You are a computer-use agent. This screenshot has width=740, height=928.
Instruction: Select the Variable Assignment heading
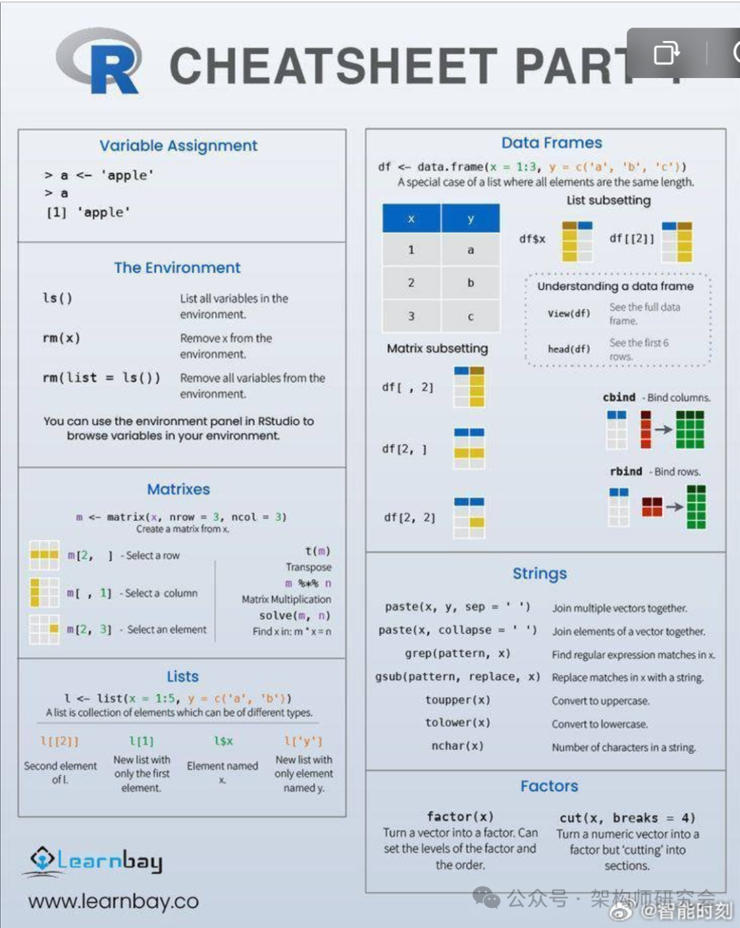click(x=178, y=146)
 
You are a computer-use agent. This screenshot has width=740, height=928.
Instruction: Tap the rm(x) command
click(x=62, y=338)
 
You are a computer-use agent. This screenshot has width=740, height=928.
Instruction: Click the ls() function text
click(x=58, y=299)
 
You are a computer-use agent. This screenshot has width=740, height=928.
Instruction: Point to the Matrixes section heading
click(x=178, y=490)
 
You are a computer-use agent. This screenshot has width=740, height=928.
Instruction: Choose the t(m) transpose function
click(x=317, y=551)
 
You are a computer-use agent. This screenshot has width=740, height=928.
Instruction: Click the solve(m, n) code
click(x=295, y=616)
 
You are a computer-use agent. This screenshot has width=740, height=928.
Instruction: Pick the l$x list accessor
click(x=223, y=741)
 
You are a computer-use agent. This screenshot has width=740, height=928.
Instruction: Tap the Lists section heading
click(x=182, y=677)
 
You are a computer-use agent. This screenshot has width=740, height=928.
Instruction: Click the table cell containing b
click(x=471, y=283)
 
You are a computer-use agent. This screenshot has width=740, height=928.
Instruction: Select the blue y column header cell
click(x=471, y=219)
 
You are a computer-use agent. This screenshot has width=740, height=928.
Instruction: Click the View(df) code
click(x=569, y=314)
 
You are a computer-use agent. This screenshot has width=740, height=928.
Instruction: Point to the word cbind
click(x=619, y=397)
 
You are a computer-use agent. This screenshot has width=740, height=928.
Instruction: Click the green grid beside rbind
click(x=696, y=507)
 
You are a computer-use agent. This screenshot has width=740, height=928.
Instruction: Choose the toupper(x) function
click(x=458, y=700)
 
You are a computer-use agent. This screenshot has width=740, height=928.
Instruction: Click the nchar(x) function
click(x=458, y=746)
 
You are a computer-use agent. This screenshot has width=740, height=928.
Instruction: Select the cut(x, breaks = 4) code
click(x=627, y=818)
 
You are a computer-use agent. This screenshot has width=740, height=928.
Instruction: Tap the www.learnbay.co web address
click(x=114, y=901)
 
